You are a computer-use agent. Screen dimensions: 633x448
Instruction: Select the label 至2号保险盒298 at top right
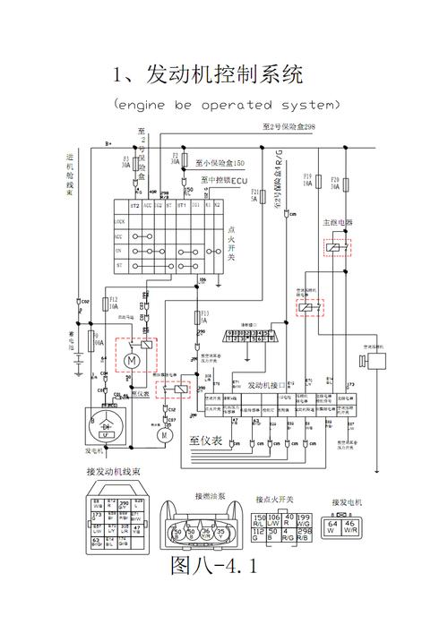pos(289,128)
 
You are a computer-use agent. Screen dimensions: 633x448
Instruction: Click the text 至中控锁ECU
pos(223,180)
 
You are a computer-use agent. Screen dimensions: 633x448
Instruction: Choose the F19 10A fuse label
pos(307,182)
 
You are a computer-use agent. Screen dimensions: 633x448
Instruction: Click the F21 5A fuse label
pos(254,195)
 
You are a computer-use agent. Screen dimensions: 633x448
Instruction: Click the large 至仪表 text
pos(206,441)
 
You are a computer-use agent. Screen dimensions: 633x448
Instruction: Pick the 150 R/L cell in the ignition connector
pos(260,520)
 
